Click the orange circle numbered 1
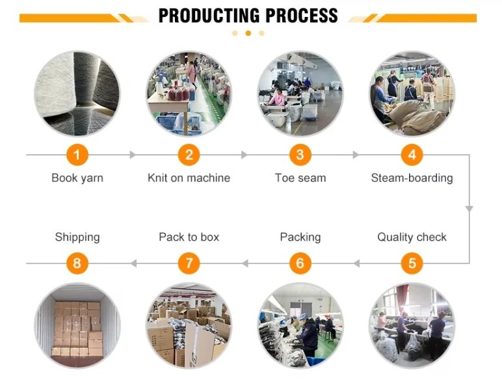77,155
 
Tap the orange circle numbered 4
412,155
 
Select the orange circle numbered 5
412,263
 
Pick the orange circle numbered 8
77,263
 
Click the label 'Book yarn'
77,178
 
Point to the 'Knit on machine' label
189,178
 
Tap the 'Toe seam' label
300,178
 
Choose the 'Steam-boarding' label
412,178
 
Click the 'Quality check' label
412,237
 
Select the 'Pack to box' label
189,237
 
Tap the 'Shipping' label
77,237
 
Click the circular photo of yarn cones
77,93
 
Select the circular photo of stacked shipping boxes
77,325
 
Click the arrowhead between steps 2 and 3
244,155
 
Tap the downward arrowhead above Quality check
469,209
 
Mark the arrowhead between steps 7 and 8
133,263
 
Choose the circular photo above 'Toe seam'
300,93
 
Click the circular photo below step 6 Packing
300,325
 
